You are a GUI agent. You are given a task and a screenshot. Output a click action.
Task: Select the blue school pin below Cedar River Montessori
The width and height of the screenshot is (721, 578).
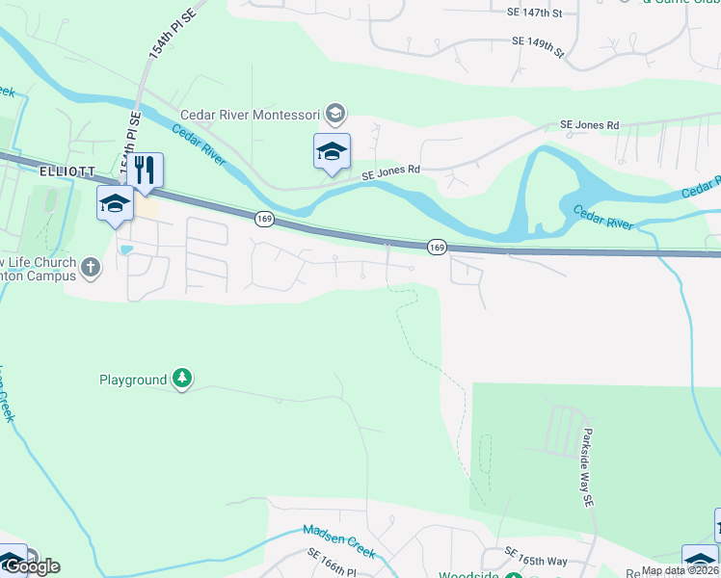[332, 152]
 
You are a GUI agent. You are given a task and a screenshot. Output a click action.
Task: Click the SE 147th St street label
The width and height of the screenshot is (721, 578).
[533, 13]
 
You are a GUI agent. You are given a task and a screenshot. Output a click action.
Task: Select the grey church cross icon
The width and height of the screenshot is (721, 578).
[91, 267]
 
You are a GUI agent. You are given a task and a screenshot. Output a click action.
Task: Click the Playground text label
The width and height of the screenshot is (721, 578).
[133, 381]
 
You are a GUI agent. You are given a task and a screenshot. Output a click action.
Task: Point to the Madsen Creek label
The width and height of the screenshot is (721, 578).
[338, 540]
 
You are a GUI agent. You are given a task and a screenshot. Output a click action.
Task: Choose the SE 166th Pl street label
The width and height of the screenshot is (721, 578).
[333, 563]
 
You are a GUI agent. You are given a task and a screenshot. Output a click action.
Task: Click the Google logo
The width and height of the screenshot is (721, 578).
[30, 567]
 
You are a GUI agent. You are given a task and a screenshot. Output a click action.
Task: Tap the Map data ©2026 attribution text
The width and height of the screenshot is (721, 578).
[680, 570]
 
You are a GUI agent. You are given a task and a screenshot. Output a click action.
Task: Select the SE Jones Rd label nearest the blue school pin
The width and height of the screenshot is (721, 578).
[390, 171]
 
